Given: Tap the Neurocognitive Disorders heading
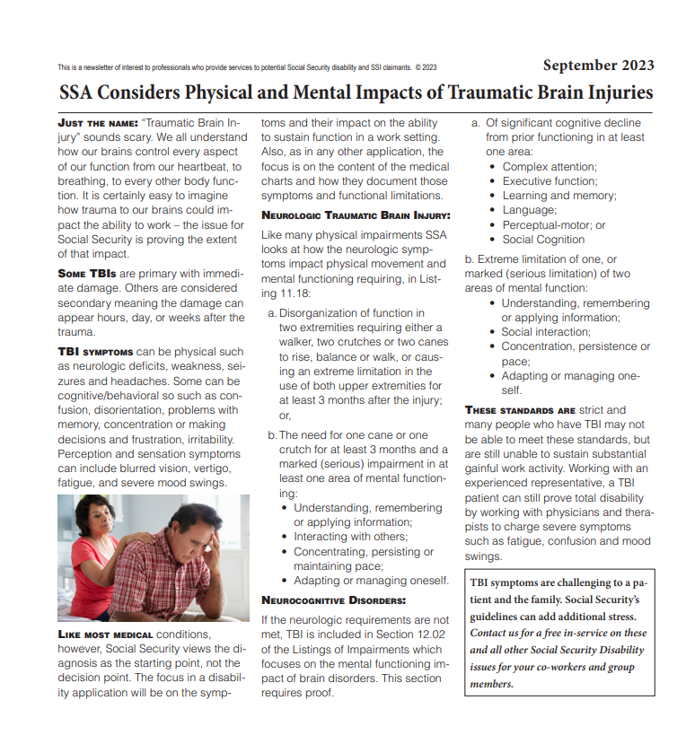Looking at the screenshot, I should click(x=333, y=600).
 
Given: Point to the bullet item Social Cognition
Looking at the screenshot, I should click(x=543, y=240).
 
